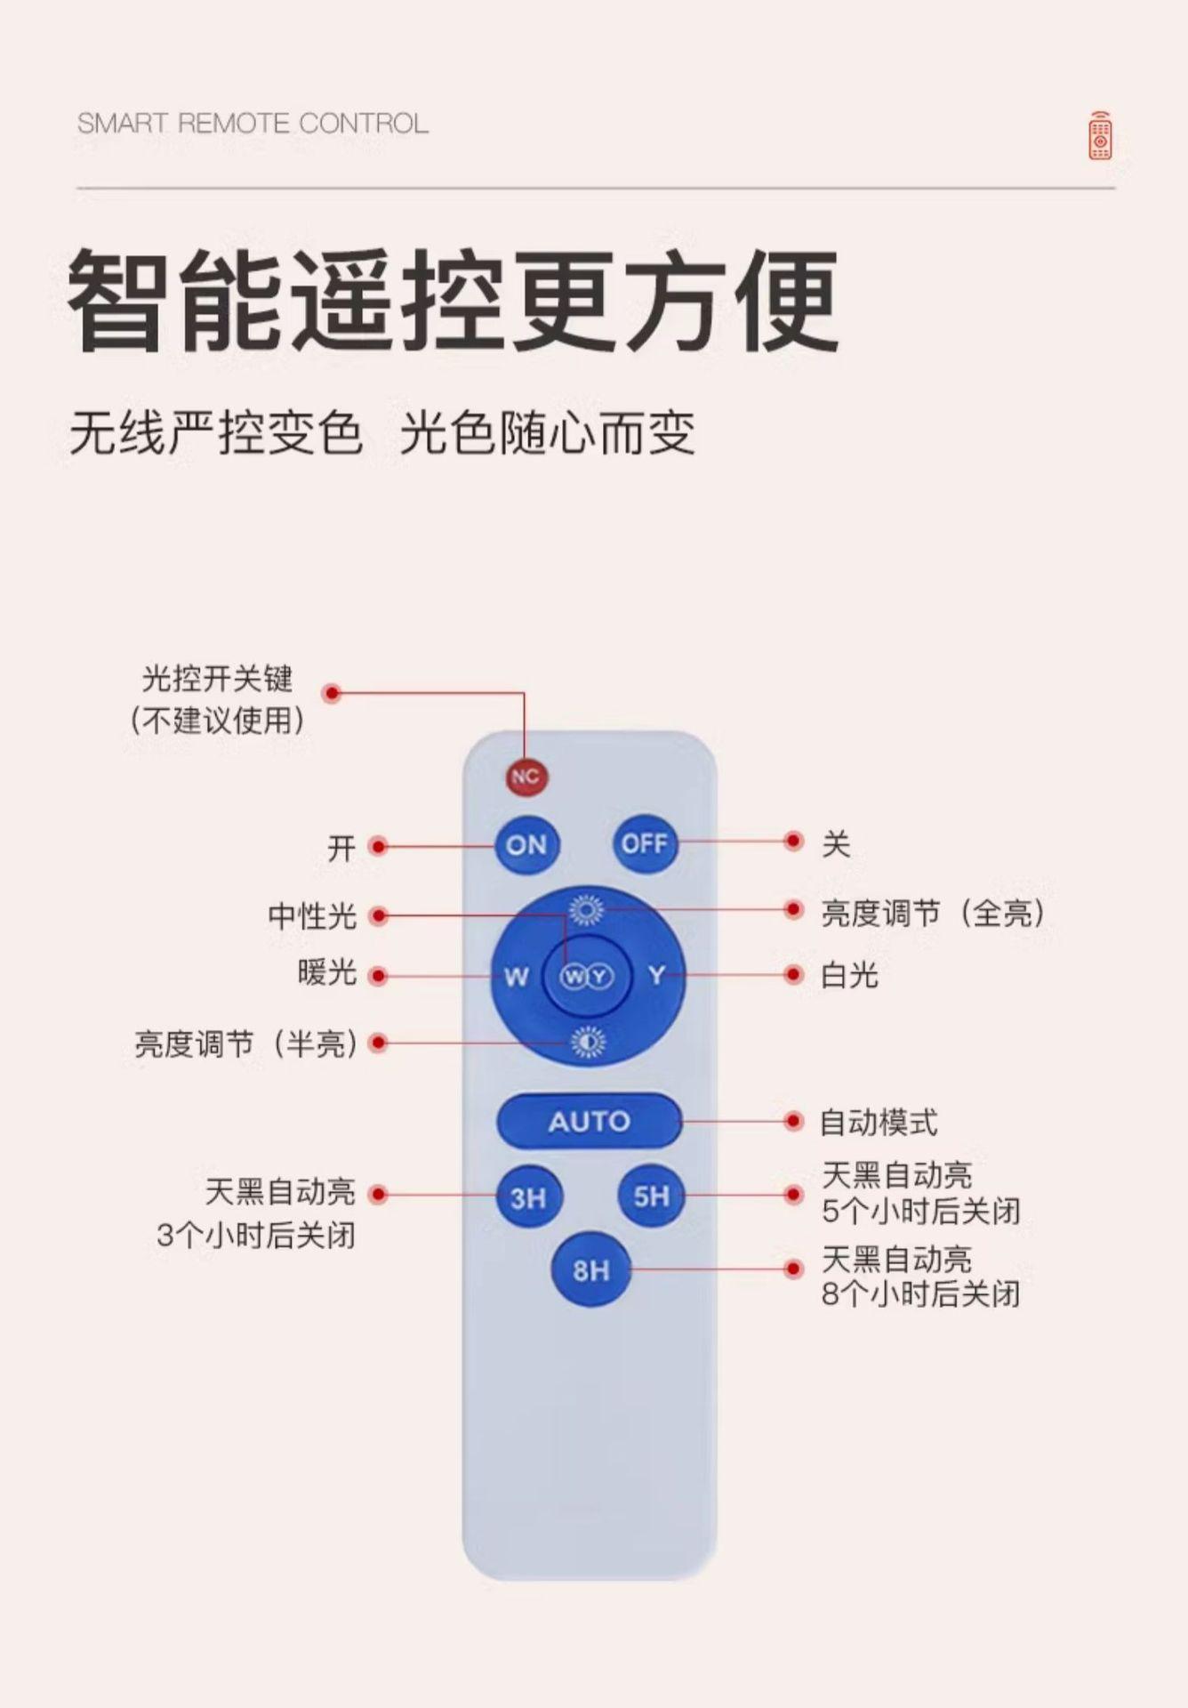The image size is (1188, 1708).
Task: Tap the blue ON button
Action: (526, 845)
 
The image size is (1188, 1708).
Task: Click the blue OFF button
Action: (645, 843)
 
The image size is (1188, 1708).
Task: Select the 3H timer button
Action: (528, 1197)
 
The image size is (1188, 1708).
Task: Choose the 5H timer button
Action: (651, 1196)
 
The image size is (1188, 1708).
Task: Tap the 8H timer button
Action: (590, 1269)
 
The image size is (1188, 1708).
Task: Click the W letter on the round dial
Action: (517, 977)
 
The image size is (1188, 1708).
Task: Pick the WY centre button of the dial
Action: (587, 977)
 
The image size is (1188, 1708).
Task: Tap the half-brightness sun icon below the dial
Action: (587, 1042)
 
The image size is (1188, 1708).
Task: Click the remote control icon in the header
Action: (1100, 136)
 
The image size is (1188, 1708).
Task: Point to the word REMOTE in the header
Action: (234, 124)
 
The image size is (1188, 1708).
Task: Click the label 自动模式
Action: (879, 1123)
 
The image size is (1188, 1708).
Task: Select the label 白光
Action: (849, 976)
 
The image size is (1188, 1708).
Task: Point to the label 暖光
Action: (327, 973)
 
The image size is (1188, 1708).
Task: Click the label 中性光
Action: (312, 915)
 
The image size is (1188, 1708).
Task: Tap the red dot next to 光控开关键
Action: (333, 693)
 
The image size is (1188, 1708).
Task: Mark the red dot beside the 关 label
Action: (793, 842)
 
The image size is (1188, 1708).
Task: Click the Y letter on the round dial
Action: (656, 976)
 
